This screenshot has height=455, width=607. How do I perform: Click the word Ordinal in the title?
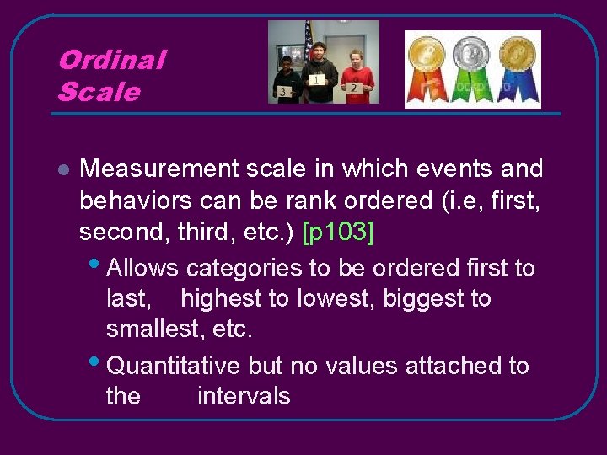(x=111, y=60)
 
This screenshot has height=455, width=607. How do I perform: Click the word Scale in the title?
(x=98, y=91)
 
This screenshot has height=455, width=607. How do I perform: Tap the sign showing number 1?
(x=317, y=80)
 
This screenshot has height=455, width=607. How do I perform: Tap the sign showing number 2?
(x=354, y=87)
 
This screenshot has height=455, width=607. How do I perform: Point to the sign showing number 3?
(x=285, y=90)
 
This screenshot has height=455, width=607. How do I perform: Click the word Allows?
(x=143, y=268)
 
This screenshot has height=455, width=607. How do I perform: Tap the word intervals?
(x=244, y=396)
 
